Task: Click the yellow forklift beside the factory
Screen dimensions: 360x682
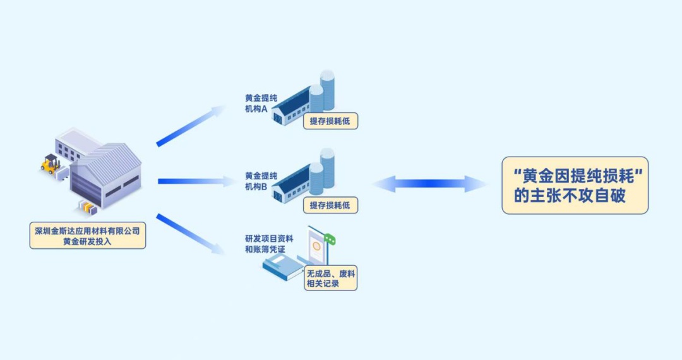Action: click(x=50, y=164)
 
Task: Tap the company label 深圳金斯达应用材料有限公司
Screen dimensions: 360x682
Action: click(x=87, y=229)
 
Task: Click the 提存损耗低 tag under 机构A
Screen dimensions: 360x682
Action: click(x=330, y=121)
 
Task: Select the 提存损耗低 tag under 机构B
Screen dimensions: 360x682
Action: click(x=330, y=205)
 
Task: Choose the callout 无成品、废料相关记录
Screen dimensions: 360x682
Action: click(x=330, y=279)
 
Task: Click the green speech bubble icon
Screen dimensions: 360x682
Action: click(x=330, y=239)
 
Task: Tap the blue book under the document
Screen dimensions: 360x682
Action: click(x=284, y=270)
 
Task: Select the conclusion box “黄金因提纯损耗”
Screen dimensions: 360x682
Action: click(x=575, y=185)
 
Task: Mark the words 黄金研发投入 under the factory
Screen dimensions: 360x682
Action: click(x=87, y=241)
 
